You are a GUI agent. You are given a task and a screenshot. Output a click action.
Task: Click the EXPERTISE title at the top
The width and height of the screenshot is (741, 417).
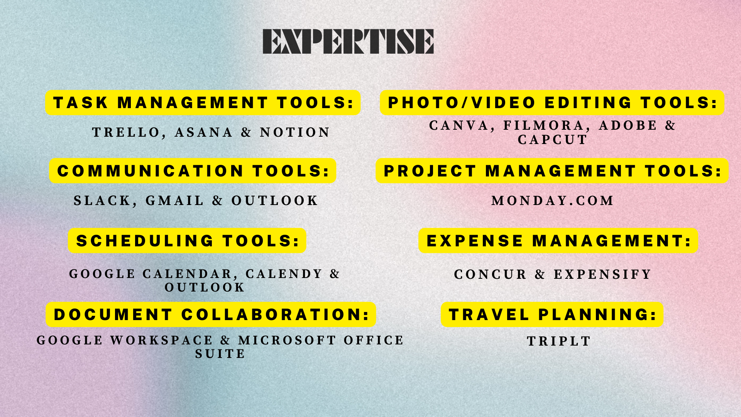click(x=348, y=41)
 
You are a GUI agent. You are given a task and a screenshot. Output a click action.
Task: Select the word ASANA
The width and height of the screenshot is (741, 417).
click(x=204, y=132)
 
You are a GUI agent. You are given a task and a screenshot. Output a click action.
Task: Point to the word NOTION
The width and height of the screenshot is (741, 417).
click(x=295, y=132)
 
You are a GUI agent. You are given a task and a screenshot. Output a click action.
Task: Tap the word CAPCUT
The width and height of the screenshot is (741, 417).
click(x=552, y=140)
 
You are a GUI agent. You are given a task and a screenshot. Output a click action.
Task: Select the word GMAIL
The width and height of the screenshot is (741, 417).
click(x=174, y=201)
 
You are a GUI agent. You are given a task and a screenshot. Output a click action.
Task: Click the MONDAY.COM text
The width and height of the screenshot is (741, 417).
click(x=552, y=201)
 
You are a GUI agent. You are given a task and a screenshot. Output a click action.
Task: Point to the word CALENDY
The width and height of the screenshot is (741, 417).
click(x=284, y=274)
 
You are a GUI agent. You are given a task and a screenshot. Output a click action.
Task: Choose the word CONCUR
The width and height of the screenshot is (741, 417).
click(x=490, y=275)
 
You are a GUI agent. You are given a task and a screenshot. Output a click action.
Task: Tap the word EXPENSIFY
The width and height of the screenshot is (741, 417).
click(x=602, y=275)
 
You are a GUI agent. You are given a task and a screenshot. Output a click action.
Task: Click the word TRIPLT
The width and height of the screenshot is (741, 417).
click(x=559, y=341)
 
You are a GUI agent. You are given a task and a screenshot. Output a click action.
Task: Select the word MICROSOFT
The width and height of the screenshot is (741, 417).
click(x=287, y=340)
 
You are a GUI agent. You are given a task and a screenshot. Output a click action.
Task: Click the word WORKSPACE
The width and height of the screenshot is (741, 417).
click(x=161, y=340)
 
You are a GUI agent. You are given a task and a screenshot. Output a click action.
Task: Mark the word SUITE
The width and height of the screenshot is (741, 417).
click(x=220, y=354)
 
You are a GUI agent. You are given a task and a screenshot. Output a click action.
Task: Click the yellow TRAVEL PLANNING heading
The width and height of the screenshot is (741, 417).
click(x=552, y=315)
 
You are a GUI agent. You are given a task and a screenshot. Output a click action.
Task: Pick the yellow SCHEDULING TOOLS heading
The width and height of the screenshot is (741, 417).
click(x=187, y=241)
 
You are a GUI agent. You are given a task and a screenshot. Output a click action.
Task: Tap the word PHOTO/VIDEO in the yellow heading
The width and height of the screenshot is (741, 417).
click(x=462, y=103)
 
